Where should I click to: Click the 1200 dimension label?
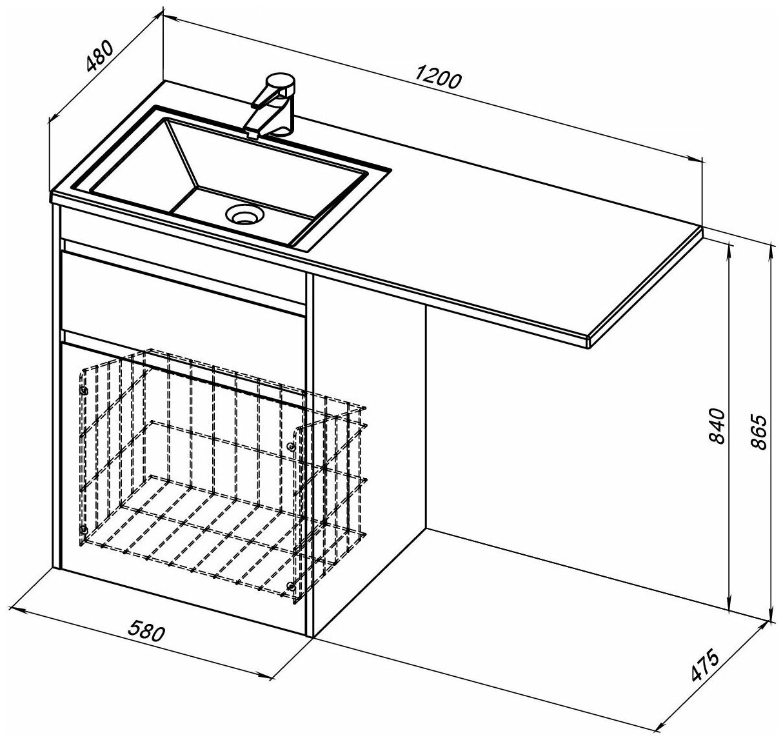[439, 79]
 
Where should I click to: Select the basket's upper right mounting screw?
[292, 446]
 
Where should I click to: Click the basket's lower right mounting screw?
[292, 587]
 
